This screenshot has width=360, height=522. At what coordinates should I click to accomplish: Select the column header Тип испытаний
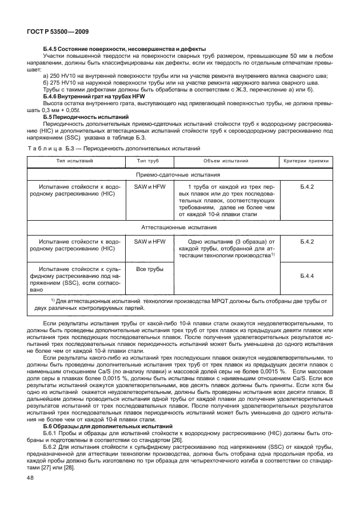74,161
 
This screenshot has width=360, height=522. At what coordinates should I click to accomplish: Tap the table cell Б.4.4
306,277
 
